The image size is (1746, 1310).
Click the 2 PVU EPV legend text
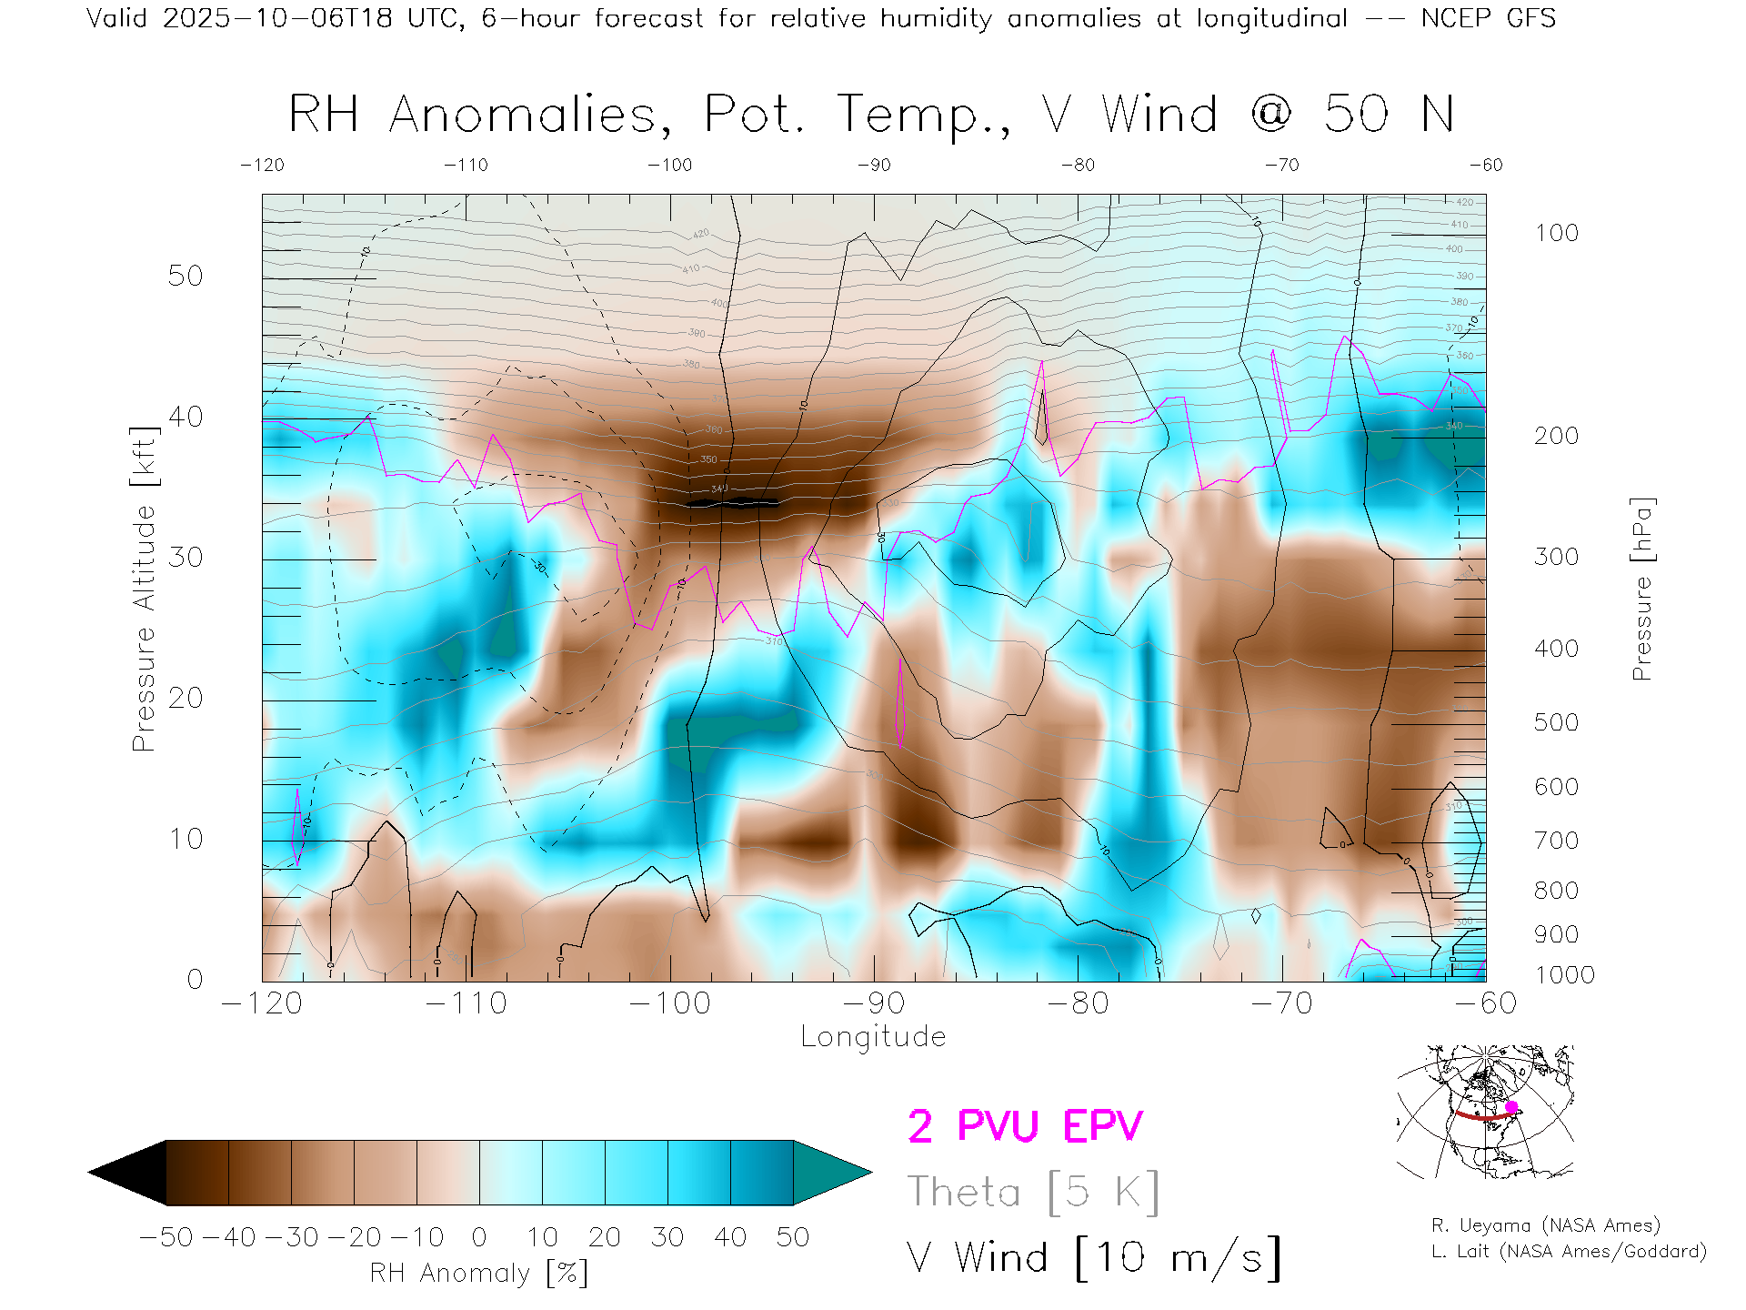(x=1025, y=1126)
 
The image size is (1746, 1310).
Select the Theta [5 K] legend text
(x=1033, y=1192)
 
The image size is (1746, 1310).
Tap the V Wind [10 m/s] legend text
(x=1093, y=1258)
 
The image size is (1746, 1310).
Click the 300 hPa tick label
(x=1556, y=557)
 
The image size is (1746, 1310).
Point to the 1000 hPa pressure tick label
(x=1564, y=975)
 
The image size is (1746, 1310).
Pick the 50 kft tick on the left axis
(x=186, y=277)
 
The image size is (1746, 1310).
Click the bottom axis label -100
(x=669, y=1003)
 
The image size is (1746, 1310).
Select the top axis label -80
(x=1078, y=166)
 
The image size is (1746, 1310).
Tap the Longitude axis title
(x=873, y=1037)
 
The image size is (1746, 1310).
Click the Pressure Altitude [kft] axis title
(x=144, y=589)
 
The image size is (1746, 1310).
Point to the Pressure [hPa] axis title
(x=1641, y=589)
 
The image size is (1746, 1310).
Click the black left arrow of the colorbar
(x=128, y=1173)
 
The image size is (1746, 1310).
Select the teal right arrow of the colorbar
(x=831, y=1173)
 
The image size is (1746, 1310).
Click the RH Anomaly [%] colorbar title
(x=478, y=1273)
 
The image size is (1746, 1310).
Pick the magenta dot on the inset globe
(x=1511, y=1107)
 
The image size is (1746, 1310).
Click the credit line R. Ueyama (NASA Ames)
(x=1545, y=1225)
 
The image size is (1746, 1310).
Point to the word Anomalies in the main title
(x=523, y=116)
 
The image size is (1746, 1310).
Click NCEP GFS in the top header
(x=1488, y=18)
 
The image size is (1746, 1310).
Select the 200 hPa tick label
(x=1556, y=436)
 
